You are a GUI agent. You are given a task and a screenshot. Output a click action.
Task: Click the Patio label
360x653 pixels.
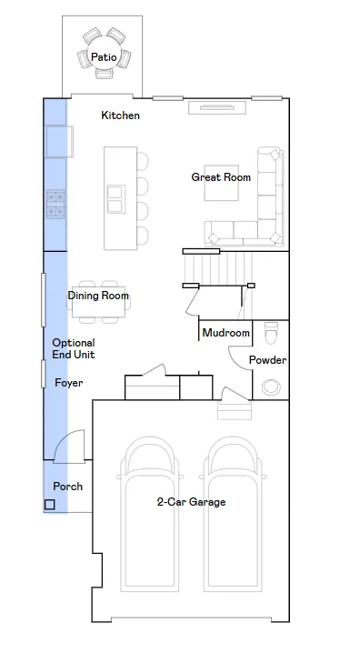click(104, 56)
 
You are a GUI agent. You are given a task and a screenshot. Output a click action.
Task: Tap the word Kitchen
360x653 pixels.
click(120, 115)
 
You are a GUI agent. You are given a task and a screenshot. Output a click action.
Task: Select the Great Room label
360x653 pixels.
click(221, 177)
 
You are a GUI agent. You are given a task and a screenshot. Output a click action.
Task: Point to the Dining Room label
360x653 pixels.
click(98, 296)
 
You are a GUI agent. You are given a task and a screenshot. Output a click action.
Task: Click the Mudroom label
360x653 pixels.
click(226, 333)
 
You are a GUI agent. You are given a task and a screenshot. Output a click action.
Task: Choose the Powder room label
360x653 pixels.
click(267, 360)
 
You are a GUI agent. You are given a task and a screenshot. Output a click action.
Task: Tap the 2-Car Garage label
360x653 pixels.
click(192, 502)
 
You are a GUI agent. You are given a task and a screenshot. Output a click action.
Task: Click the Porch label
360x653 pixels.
click(68, 486)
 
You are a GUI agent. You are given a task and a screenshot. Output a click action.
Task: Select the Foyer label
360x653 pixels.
click(69, 383)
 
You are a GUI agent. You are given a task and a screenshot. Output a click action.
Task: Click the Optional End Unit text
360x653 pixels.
click(74, 348)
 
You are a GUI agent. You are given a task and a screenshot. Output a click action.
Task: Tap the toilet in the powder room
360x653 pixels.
click(271, 333)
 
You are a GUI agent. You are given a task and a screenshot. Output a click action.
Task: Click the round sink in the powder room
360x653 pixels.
click(271, 387)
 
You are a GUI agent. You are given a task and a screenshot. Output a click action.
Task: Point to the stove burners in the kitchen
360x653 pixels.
click(55, 204)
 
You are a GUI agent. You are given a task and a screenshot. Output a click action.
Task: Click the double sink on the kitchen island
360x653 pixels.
click(115, 199)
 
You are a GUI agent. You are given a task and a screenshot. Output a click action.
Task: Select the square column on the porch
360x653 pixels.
click(49, 505)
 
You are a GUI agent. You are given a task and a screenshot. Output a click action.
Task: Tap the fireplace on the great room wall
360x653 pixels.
click(217, 107)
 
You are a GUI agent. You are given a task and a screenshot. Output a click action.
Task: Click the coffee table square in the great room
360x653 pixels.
click(222, 183)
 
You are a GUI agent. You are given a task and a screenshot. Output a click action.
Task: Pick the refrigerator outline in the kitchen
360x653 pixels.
click(59, 142)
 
